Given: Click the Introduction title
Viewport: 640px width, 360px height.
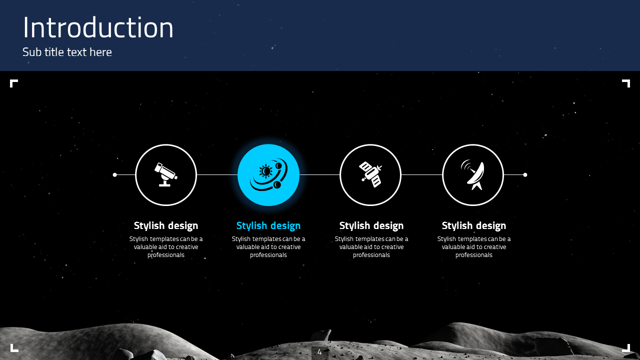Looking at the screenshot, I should [98, 28].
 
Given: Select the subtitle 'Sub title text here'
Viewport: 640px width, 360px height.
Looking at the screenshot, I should [67, 52].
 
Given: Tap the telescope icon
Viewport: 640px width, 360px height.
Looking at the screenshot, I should [166, 174].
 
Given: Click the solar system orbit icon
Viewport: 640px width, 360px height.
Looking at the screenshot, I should [268, 175].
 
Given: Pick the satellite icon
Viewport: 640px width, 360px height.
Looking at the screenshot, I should [370, 174].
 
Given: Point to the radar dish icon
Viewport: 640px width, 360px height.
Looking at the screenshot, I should [473, 174].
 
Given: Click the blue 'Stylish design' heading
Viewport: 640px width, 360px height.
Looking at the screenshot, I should [268, 225].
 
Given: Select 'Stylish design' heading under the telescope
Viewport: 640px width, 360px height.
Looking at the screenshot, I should [166, 225].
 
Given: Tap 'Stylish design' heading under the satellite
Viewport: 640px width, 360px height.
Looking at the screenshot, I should [371, 225].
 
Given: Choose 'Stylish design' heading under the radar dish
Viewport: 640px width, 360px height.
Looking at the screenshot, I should [474, 225].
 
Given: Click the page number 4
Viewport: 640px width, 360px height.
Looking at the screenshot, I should [319, 352].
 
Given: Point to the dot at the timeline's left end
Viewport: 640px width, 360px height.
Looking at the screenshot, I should [115, 174].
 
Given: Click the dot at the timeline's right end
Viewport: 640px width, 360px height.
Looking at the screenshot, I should [525, 174].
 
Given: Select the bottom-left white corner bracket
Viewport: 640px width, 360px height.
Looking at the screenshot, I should [13, 348].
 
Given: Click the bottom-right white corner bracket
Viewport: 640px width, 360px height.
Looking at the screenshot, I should [626, 348].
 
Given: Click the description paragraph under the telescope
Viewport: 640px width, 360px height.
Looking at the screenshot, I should [166, 247].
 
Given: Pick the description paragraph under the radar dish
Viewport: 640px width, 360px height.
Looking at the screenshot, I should [474, 247].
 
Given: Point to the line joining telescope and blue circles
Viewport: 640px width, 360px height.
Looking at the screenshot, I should [217, 174].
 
